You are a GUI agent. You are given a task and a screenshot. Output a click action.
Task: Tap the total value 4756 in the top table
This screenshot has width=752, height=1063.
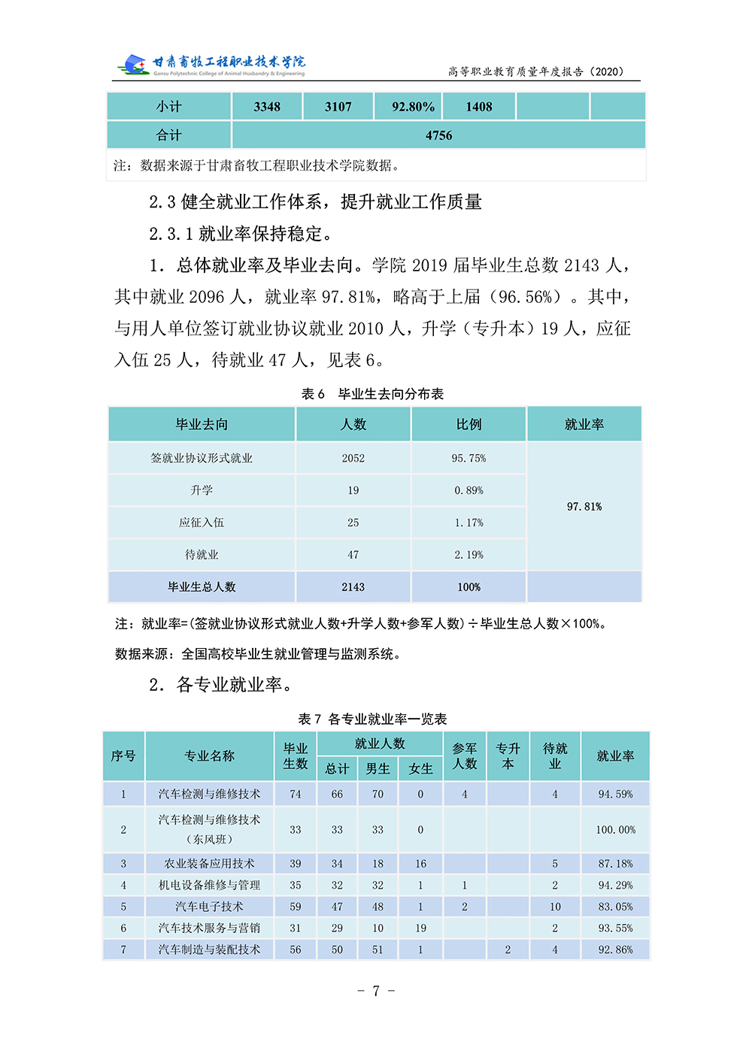[438, 135]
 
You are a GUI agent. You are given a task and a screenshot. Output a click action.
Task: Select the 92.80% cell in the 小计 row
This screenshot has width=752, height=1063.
[413, 107]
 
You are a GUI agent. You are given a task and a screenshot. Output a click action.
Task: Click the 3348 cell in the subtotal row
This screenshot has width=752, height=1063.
[267, 107]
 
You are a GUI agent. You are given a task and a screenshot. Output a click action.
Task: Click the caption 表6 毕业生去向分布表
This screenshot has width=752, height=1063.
[372, 394]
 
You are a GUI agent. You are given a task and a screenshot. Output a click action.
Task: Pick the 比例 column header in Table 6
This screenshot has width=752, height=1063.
[468, 425]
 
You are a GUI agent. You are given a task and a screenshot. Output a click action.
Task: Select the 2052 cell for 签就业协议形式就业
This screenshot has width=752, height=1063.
[353, 458]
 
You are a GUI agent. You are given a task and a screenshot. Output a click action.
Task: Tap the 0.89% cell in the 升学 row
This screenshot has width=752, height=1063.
[468, 490]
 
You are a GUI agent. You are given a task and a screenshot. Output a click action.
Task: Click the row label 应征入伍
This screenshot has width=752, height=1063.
[202, 522]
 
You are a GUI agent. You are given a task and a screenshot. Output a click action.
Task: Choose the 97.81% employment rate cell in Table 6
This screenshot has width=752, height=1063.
[584, 507]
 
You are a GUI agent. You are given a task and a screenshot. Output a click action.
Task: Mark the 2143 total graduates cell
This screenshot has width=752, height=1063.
[353, 587]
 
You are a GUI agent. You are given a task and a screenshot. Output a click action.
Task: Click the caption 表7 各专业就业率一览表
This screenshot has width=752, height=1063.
[372, 719]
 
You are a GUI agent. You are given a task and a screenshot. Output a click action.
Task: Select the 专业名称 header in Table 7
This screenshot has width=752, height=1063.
[210, 756]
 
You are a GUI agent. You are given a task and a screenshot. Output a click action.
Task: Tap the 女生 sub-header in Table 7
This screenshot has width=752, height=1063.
[420, 768]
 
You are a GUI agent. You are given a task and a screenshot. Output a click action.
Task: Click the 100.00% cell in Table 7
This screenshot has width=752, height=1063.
[615, 830]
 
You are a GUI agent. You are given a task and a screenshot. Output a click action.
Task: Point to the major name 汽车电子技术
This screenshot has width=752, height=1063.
[209, 907]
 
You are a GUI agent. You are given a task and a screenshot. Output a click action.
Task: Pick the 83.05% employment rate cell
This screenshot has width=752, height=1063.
[615, 907]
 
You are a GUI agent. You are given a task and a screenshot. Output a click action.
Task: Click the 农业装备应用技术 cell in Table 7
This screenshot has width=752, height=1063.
[209, 864]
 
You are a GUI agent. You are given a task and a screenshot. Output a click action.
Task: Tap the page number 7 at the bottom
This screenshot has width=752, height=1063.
[376, 991]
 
